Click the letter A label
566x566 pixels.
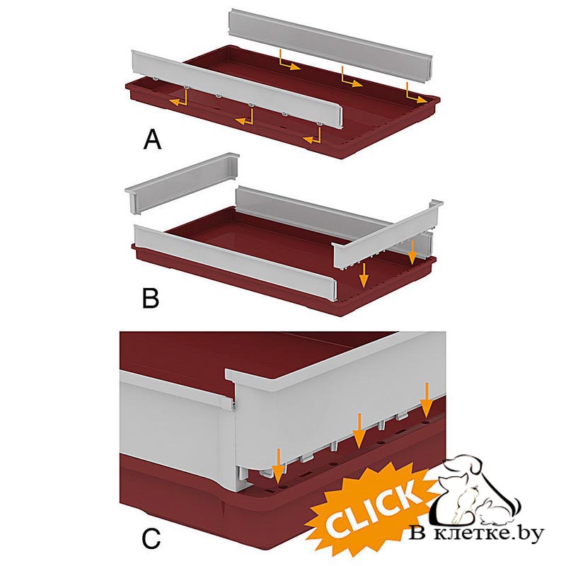click(152, 140)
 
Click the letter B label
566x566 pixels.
click(151, 298)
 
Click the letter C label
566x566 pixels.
click(151, 539)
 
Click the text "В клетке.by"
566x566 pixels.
click(476, 533)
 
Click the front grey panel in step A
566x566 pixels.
click(236, 89)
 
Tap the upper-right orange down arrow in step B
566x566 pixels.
click(411, 253)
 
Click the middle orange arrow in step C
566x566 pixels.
click(359, 430)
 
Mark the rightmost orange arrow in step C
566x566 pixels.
click(427, 400)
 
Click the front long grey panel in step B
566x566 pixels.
click(236, 261)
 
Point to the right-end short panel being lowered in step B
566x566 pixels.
click(387, 235)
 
